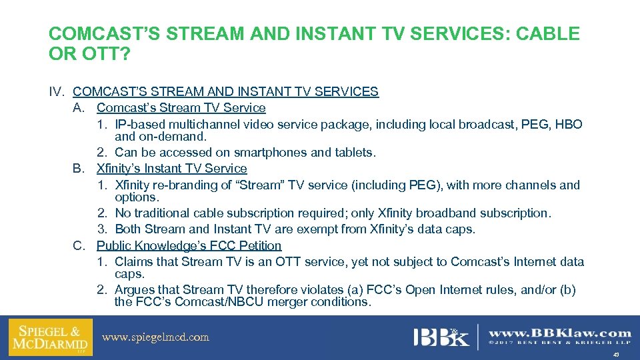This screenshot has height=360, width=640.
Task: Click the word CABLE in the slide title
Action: tap(546, 33)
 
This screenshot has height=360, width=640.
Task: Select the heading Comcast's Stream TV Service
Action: tap(181, 108)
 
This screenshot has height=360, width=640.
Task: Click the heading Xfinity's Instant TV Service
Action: tap(171, 169)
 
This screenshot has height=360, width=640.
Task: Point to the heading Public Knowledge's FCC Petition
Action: tap(189, 246)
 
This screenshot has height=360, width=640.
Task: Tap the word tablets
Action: tap(354, 153)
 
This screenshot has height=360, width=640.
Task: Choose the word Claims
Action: tap(134, 262)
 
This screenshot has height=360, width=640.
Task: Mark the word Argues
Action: tap(135, 290)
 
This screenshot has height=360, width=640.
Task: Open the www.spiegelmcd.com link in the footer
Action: tap(155, 337)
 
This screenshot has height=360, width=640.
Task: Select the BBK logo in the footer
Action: tap(440, 337)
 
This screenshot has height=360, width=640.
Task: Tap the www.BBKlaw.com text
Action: tap(559, 333)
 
